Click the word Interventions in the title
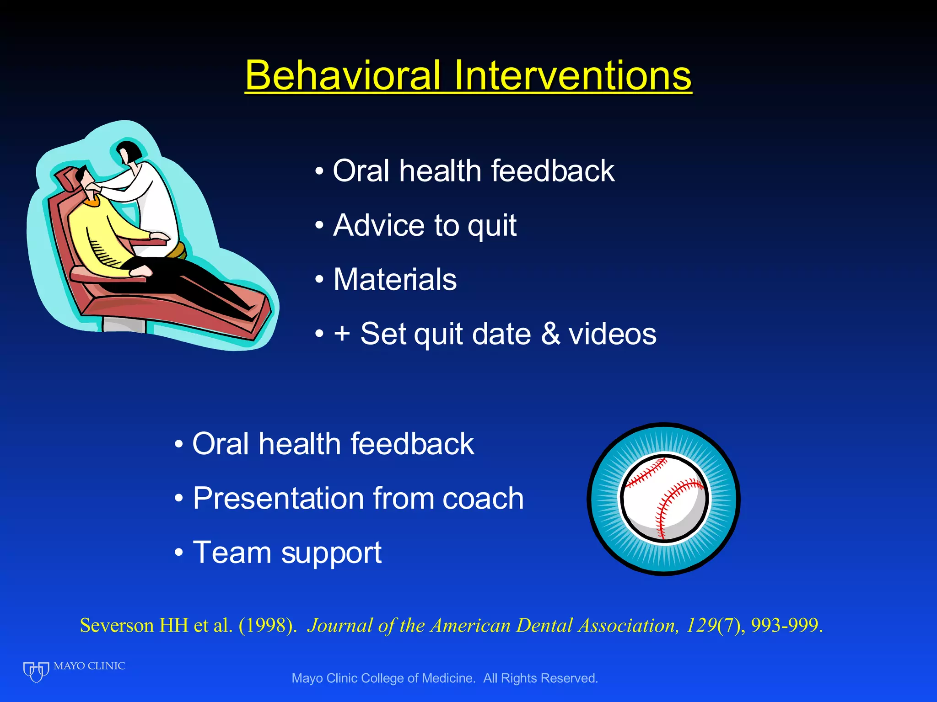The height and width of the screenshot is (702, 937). click(572, 75)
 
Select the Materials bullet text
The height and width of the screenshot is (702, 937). click(395, 279)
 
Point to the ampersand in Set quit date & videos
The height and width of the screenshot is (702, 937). click(550, 334)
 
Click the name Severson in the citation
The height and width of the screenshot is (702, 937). click(117, 625)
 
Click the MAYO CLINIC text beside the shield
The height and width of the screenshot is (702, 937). click(89, 666)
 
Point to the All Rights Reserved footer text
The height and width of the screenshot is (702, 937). click(540, 678)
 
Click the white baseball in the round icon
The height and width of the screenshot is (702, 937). click(663, 498)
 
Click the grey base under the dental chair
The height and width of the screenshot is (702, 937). click(124, 325)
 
